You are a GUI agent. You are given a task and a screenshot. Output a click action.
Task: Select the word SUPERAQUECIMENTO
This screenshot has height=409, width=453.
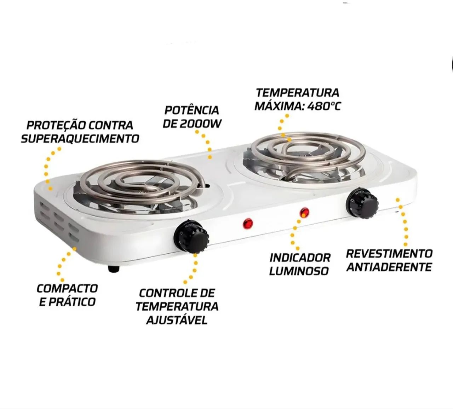coord(80,138)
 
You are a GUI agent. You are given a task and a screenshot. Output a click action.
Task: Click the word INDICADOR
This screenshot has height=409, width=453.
coord(300,258)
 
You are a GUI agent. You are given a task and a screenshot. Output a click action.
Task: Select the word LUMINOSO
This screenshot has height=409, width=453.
coord(299,271)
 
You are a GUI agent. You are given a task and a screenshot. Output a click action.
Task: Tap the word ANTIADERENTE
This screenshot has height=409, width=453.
coord(389,267)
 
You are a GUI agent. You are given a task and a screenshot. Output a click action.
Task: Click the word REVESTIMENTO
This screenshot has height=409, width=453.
coord(389,253)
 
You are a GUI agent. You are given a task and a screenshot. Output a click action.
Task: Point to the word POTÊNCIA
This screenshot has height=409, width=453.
coord(191,110)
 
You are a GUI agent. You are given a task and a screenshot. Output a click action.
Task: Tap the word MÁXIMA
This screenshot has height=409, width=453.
coord(279,106)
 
